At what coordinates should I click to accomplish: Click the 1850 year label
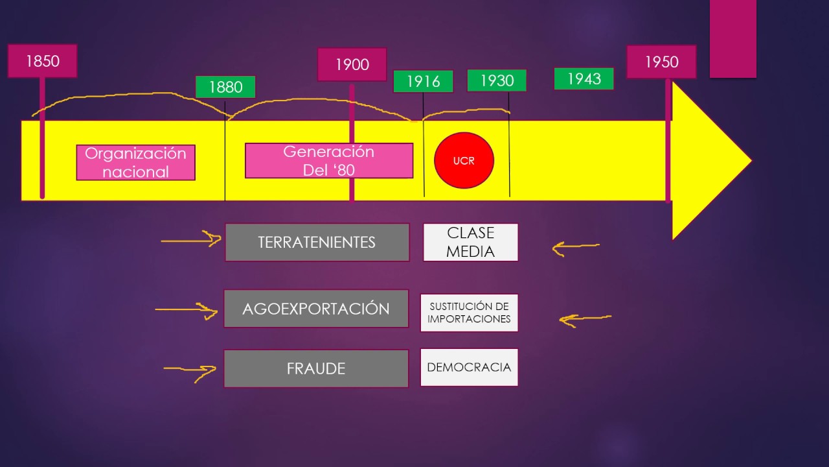(x=43, y=62)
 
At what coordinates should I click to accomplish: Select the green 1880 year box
(x=225, y=87)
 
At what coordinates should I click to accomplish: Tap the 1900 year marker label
(x=352, y=65)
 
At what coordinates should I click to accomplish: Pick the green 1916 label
(x=423, y=82)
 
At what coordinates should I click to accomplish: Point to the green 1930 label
(x=497, y=80)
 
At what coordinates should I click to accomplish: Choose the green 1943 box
(x=584, y=78)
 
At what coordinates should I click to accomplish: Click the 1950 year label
(x=661, y=62)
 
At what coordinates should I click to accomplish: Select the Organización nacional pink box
(x=135, y=162)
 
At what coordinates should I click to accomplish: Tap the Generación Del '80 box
(x=329, y=161)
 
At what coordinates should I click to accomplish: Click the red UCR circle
(x=464, y=161)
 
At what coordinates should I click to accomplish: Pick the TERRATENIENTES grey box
(x=317, y=243)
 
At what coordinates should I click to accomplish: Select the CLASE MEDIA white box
(x=470, y=243)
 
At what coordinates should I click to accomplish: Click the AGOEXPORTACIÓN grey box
(x=316, y=309)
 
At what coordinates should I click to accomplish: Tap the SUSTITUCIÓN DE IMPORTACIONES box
(x=469, y=313)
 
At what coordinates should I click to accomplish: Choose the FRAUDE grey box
(x=316, y=368)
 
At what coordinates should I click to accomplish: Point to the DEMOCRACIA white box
(x=469, y=367)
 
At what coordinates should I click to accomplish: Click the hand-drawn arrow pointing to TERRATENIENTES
(x=191, y=241)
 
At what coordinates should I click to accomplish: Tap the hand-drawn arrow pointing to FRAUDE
(x=190, y=370)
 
